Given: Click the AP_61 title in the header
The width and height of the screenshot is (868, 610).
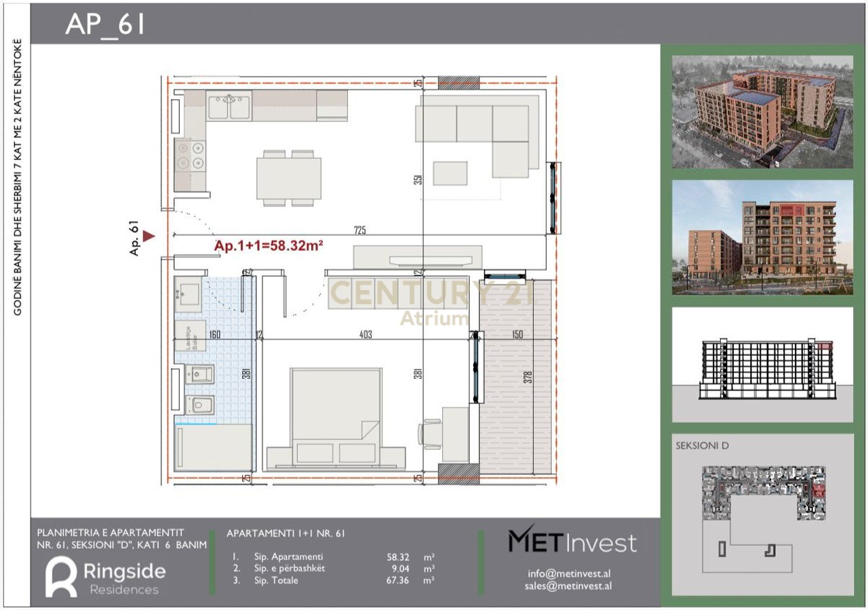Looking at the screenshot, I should tap(105, 24).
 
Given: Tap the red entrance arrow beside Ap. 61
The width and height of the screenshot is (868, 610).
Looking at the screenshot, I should tap(149, 235).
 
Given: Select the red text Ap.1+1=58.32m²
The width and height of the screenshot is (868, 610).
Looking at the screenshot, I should tap(268, 247).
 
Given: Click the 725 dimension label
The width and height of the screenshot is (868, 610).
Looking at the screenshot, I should tap(359, 230).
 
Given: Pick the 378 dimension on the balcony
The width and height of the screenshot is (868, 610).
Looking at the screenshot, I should tap(528, 377).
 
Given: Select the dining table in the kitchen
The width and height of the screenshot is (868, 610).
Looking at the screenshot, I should tap(288, 178).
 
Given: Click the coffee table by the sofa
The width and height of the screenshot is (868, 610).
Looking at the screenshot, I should tap(450, 173).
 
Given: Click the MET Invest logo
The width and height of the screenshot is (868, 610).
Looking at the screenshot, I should tap(572, 542).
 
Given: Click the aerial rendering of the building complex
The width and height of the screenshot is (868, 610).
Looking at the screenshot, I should tap(762, 112).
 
